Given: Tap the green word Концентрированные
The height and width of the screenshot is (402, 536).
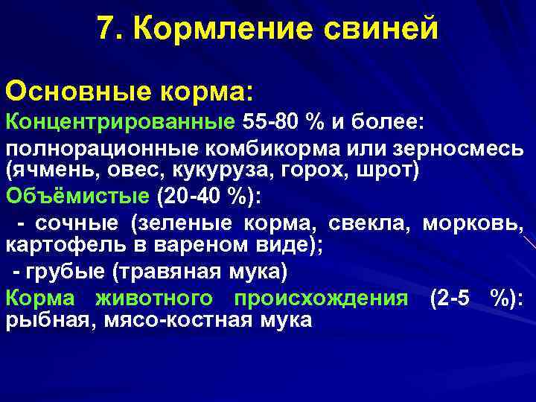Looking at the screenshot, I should (x=120, y=121).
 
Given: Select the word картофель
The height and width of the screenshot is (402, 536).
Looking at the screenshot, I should (x=56, y=245).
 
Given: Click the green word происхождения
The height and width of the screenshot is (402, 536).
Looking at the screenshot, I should (x=321, y=298).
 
